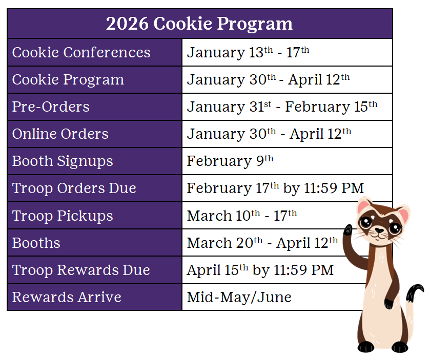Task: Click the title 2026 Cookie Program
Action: pos(199,24)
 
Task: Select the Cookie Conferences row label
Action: pos(81,52)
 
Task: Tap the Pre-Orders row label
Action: pos(51,107)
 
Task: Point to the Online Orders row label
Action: pos(60,134)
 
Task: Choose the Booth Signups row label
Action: pos(63,161)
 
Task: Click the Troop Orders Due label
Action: pos(74,188)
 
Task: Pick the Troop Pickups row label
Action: pos(63,216)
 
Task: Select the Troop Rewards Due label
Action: pos(81,270)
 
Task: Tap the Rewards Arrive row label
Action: pos(67,297)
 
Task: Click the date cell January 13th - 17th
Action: pos(248,52)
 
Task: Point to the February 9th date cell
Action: pos(230,161)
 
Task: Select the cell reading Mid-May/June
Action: pos(239,297)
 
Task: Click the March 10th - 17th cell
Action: pos(242,216)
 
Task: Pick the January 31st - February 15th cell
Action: pos(282,107)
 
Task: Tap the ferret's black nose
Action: pos(379,230)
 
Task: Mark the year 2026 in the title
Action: pos(127,24)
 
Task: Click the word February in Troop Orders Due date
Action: pos(219,188)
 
